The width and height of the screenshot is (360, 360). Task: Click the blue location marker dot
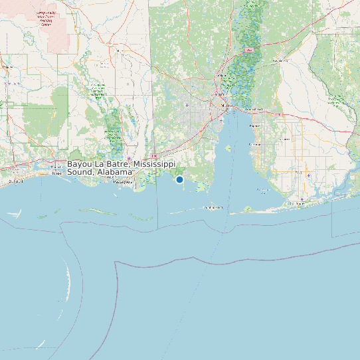[179, 179]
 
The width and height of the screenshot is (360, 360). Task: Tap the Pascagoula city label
[123, 182]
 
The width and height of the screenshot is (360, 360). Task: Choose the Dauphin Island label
[213, 208]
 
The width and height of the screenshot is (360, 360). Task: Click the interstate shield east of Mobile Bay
[279, 115]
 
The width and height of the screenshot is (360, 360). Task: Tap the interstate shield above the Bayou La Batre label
[153, 157]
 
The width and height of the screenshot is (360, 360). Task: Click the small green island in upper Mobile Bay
[252, 144]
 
